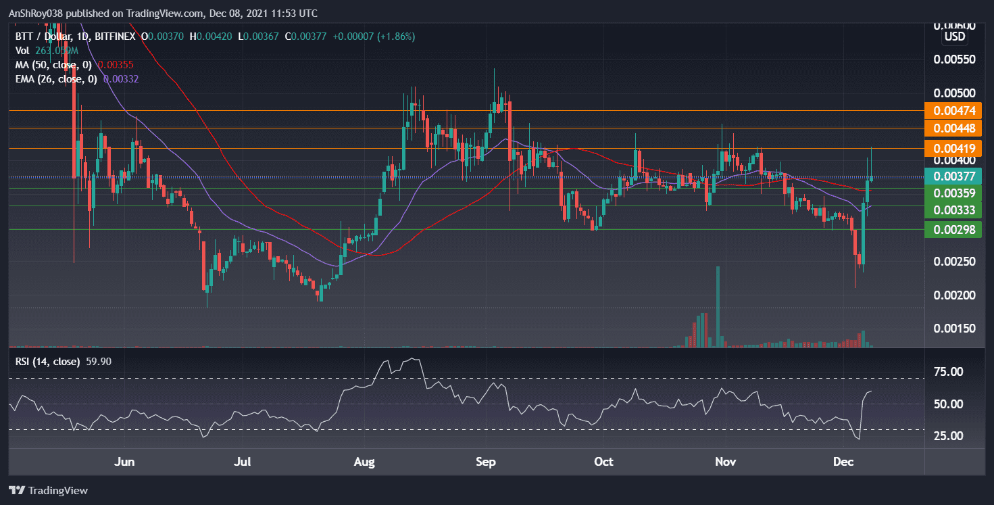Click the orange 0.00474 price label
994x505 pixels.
pos(953,111)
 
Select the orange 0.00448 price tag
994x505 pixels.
pos(953,128)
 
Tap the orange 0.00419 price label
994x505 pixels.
pos(953,148)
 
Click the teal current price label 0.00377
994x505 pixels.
pos(953,177)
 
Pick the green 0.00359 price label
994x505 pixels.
pos(953,193)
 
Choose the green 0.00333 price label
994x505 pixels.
pos(953,210)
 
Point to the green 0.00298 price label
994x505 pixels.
pos(953,230)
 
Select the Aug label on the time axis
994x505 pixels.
pos(364,462)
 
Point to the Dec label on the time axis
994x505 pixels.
pos(842,462)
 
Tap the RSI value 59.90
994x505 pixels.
pos(95,362)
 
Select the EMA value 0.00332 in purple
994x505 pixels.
pos(117,79)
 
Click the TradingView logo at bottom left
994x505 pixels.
pos(49,490)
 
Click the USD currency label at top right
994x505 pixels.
pos(954,37)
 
